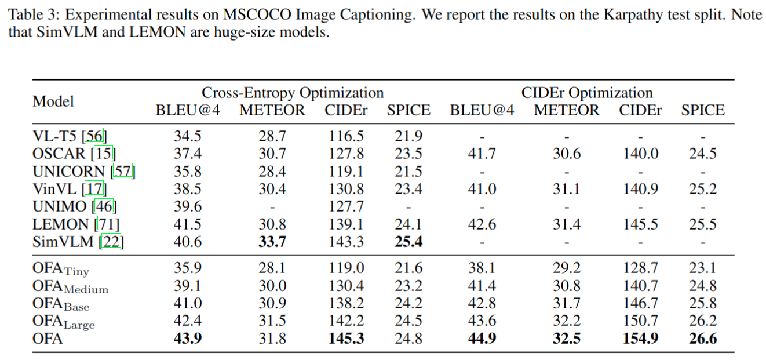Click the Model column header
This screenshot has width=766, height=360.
(53, 101)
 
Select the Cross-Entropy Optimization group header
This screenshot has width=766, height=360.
(292, 93)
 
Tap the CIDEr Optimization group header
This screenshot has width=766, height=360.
(587, 93)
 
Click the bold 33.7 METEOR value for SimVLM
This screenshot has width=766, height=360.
(272, 242)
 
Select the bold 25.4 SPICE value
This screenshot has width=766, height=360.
(408, 242)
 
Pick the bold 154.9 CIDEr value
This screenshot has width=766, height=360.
(640, 338)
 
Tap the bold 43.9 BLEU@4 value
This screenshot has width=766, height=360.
(188, 338)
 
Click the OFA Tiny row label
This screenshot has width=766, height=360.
(61, 269)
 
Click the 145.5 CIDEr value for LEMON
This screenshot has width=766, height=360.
(640, 224)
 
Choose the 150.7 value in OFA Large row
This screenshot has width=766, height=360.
(640, 321)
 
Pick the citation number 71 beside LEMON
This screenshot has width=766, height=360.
(108, 224)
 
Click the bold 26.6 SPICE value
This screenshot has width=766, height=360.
(703, 338)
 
